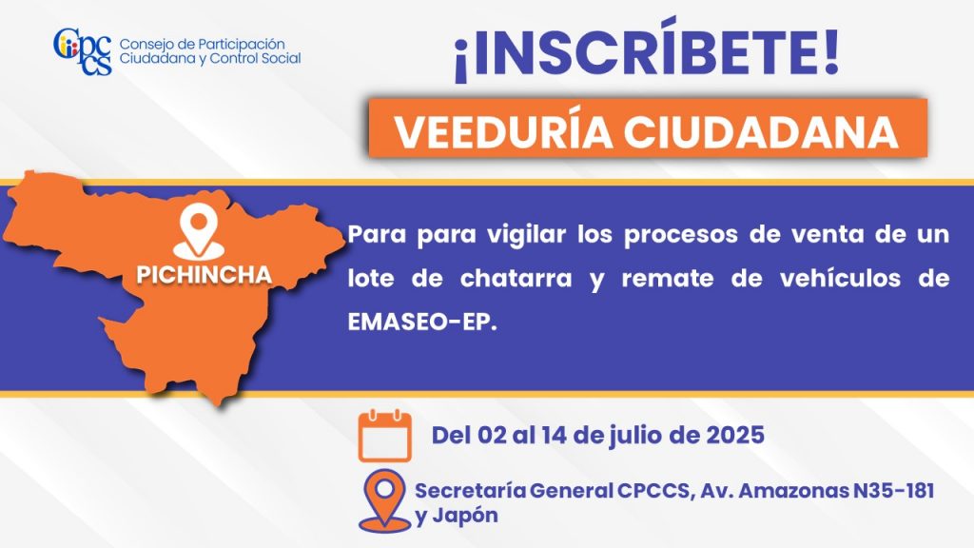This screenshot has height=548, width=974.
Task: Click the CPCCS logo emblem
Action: pos(83,51)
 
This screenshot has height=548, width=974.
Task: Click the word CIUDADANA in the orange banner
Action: pos(762,131)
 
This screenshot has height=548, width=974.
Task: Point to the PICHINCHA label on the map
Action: pos(205,275)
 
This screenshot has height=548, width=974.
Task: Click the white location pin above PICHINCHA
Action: pos(198,233)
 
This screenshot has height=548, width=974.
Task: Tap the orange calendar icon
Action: pos(385,435)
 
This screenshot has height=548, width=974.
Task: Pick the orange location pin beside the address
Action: pos(385,501)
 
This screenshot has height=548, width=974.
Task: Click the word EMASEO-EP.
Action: pos(422,322)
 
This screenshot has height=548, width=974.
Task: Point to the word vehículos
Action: pos(841,279)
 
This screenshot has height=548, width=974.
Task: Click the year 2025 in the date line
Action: pos(735,435)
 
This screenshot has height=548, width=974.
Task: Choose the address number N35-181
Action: pos(893,490)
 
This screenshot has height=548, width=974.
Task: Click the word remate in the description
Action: pos(668,279)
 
